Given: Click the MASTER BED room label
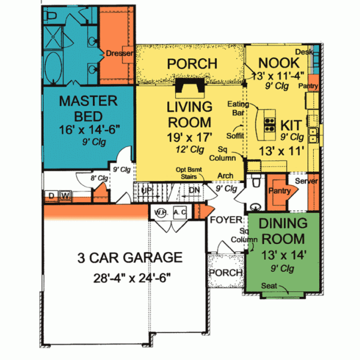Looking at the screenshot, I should coord(83,109).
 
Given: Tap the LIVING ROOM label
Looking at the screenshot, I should coord(189,115).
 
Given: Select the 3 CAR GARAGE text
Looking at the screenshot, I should coord(130,259).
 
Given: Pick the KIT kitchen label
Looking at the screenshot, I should coord(291,126).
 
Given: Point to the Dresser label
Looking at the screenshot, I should coord(119,53).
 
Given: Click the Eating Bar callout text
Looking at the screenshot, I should coord(238,108).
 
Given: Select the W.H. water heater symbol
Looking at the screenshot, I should coord(160,212).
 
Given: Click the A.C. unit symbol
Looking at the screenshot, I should coord(179,212).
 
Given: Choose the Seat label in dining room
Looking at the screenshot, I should coord(269,286).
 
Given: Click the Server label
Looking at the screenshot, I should coord(307,181).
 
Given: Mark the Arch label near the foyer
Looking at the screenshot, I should coord(226,176).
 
